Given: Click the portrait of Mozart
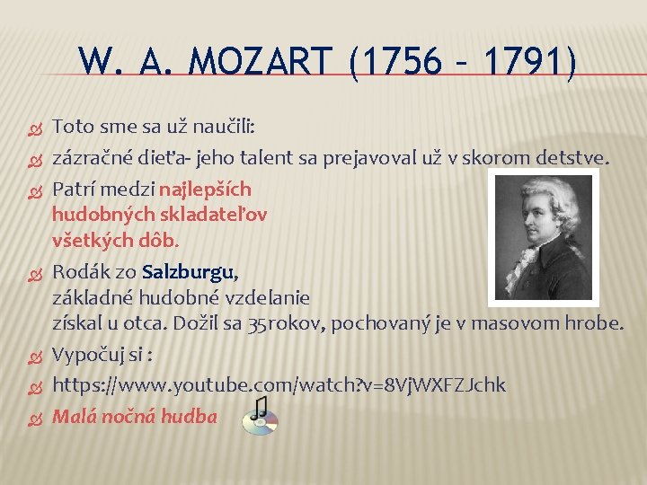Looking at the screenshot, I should [x=545, y=236].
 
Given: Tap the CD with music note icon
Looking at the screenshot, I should [x=260, y=416].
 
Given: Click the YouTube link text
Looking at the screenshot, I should [x=279, y=385].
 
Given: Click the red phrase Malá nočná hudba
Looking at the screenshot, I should [x=135, y=416].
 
